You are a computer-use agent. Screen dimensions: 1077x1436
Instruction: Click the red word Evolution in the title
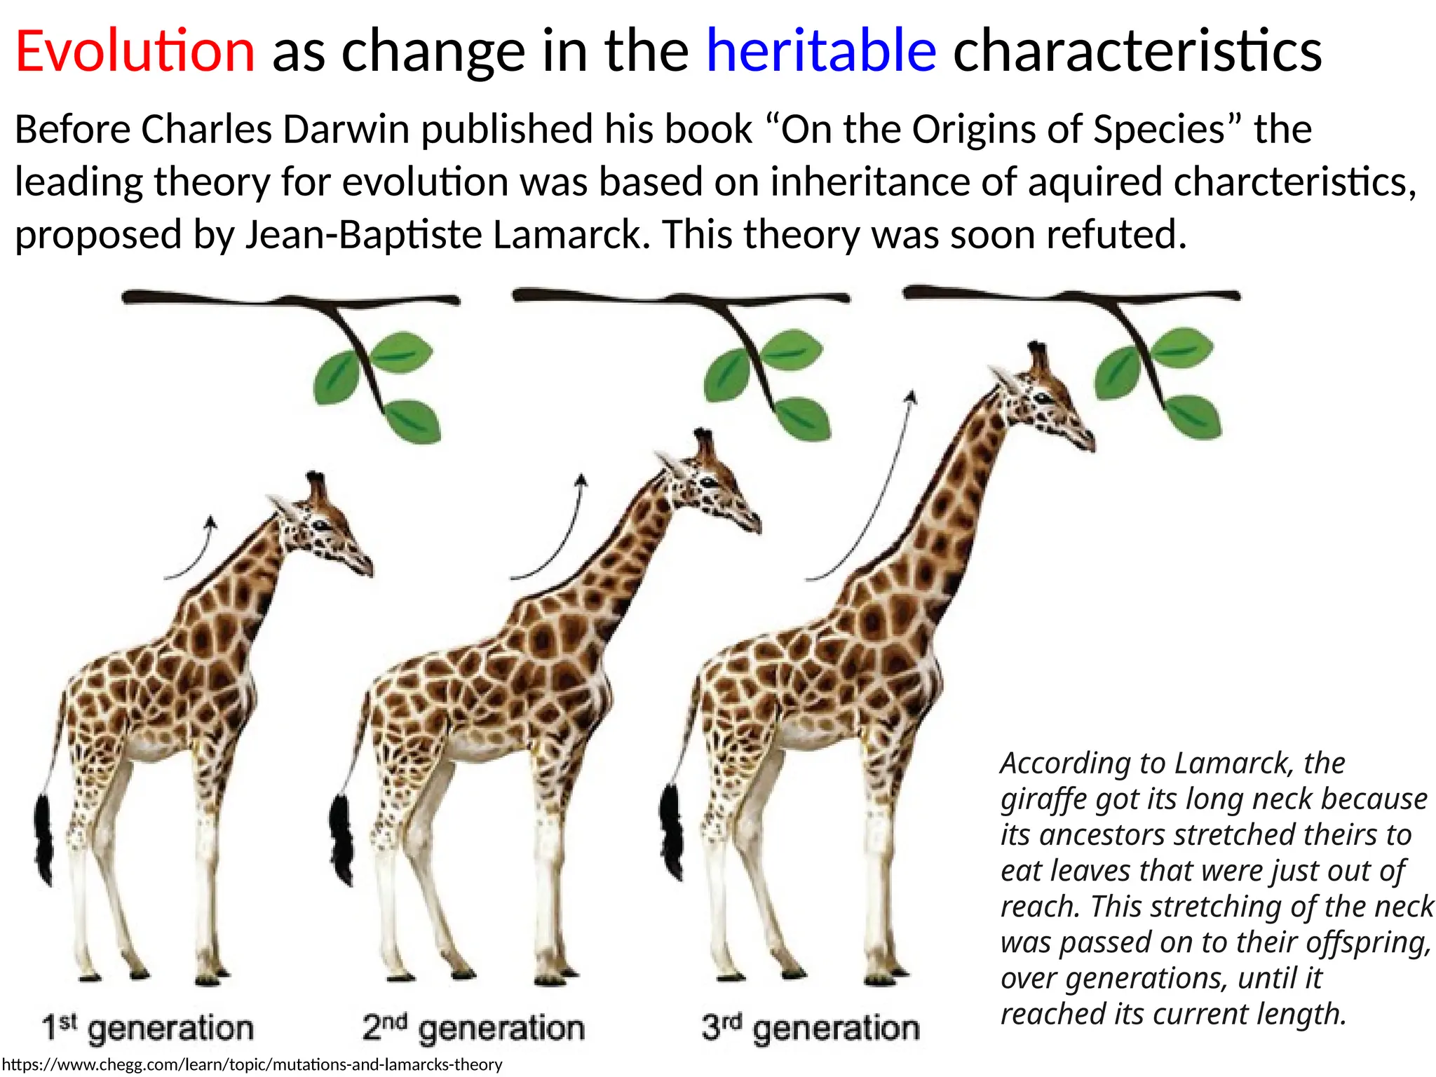135,50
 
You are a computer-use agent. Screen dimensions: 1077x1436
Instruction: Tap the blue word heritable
820,50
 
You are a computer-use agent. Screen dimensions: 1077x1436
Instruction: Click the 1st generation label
147,1029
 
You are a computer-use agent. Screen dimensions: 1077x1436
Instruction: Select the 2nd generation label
473,1029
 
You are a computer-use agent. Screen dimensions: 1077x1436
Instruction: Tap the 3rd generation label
811,1029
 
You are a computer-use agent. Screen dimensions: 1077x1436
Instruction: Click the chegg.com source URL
252,1065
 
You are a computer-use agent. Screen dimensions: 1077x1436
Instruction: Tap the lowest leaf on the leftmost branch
414,421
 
